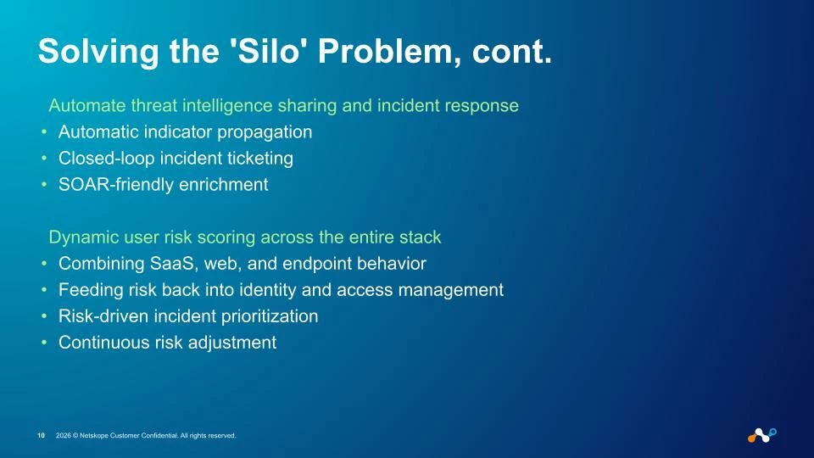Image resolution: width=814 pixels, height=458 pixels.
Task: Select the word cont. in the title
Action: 512,52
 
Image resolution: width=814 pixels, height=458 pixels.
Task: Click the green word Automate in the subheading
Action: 87,105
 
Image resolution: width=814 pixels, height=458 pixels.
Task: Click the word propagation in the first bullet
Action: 265,133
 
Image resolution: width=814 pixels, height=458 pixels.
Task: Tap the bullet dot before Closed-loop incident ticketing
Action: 44,158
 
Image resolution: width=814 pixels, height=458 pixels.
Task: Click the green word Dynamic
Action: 84,237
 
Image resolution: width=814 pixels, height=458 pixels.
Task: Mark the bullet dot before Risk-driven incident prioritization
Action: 44,316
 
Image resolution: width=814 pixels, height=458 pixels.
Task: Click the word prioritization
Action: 270,316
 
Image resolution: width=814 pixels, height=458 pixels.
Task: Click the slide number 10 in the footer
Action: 41,436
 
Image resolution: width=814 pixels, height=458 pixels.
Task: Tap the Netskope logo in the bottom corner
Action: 762,436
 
